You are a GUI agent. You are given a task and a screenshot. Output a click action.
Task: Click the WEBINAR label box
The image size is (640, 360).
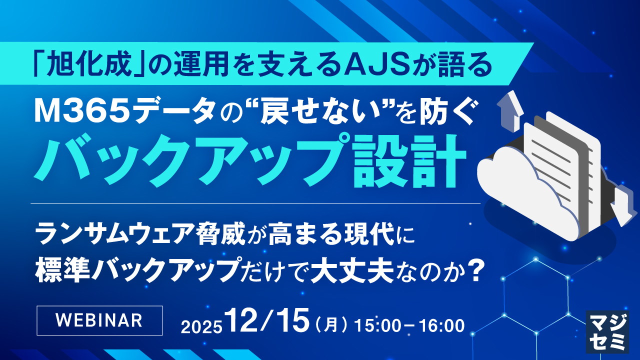tap(100, 319)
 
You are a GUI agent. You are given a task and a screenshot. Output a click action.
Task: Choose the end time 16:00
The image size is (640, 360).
tap(442, 325)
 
